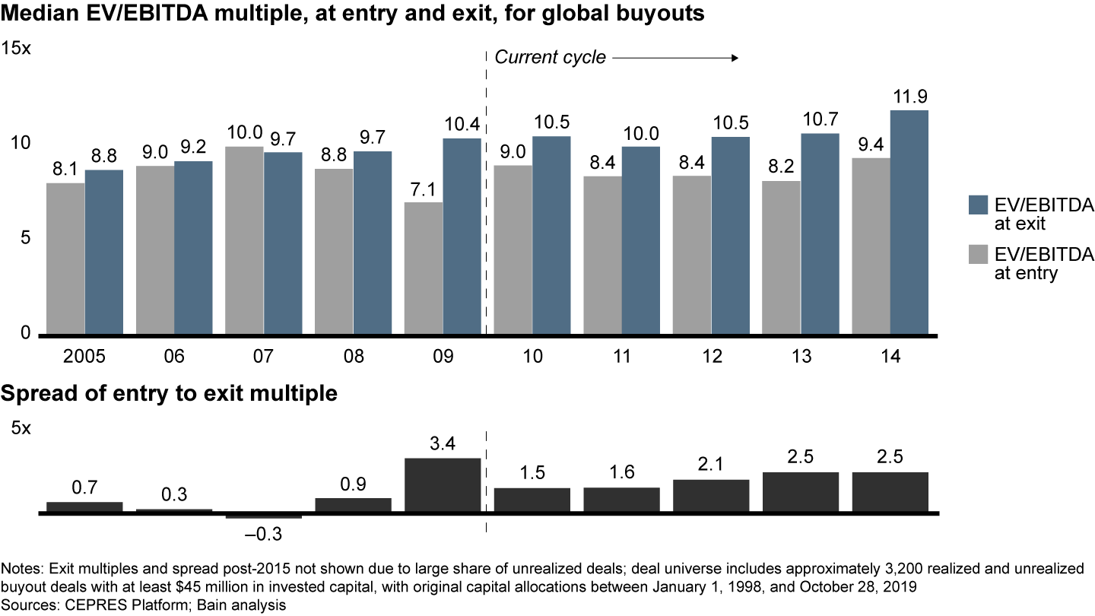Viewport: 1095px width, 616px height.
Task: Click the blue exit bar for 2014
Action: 909,222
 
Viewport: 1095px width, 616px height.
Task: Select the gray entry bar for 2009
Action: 424,268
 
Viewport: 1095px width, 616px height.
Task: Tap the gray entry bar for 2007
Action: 244,240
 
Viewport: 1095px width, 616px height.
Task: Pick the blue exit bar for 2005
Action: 104,252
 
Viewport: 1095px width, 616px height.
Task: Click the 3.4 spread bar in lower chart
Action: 443,485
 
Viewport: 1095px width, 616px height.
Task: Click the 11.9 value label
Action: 909,97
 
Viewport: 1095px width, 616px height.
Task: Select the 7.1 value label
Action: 424,189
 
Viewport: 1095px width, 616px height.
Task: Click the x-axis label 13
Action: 801,357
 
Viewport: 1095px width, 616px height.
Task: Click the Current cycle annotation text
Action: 551,58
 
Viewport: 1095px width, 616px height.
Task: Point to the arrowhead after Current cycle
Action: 735,58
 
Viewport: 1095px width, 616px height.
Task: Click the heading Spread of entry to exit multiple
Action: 170,394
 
